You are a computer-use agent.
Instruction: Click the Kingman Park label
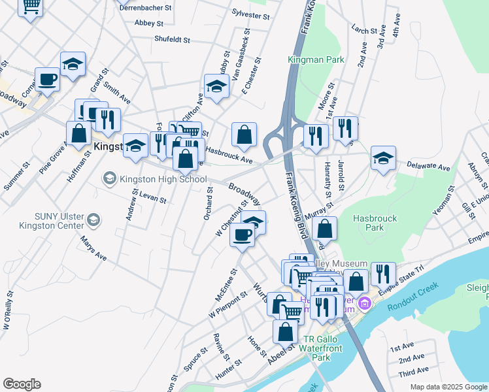point(316,59)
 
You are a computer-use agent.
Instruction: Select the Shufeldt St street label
point(172,39)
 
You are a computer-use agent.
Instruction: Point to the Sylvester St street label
point(251,14)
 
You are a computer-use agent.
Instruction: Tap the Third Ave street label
point(413,372)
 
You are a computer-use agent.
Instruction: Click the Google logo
point(22,384)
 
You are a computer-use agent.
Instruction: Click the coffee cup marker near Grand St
point(47,80)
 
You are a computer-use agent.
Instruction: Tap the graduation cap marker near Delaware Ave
point(383,157)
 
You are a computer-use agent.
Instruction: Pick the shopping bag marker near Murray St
point(324,229)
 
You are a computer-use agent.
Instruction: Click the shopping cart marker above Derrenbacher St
point(30,7)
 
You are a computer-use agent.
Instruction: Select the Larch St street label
point(365,29)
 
